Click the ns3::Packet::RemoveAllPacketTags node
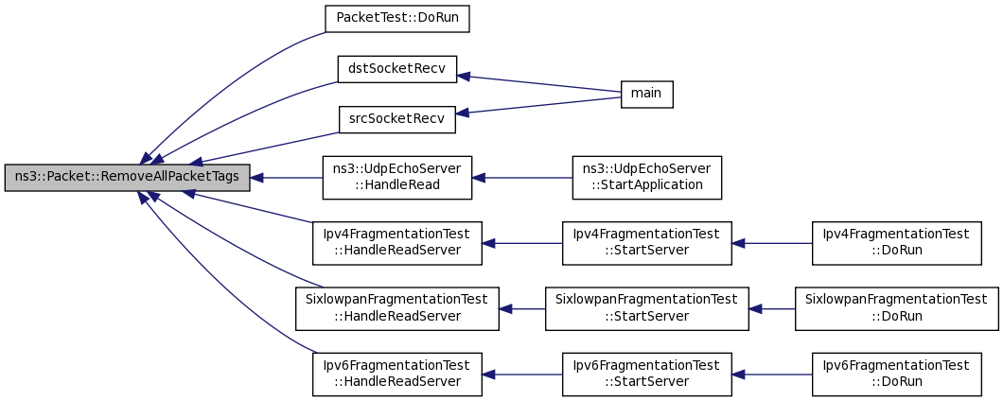tap(127, 178)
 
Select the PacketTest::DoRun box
tap(397, 19)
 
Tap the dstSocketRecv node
tap(397, 69)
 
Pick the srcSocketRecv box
tap(397, 119)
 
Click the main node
tap(646, 94)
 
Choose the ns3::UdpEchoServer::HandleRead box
tap(397, 177)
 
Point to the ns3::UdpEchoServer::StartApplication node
tap(646, 177)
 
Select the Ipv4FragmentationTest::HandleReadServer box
tap(397, 243)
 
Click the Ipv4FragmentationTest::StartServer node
tap(646, 243)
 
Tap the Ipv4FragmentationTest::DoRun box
tap(896, 243)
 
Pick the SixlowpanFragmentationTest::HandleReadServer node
tap(397, 309)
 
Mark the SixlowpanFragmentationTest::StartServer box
tap(646, 309)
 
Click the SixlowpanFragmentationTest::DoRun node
tap(896, 309)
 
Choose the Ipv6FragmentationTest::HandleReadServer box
tap(397, 375)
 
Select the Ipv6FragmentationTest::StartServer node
tap(646, 375)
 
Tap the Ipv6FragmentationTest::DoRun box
tap(896, 375)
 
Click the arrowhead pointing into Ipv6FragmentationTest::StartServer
tap(738, 375)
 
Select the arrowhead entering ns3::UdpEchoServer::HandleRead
tap(478, 178)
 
